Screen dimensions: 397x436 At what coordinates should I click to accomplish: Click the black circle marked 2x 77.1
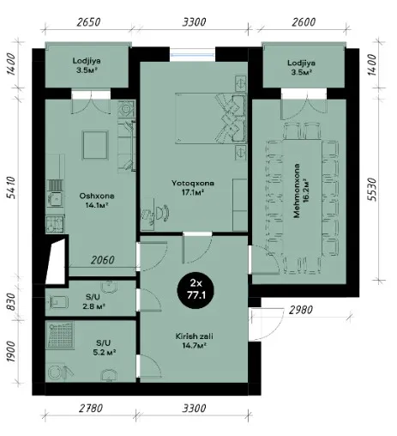(196, 290)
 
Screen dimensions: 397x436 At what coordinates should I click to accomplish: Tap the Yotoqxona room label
(193, 188)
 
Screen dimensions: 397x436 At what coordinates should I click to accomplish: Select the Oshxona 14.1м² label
(97, 201)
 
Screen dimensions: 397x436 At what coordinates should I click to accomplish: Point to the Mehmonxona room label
(301, 191)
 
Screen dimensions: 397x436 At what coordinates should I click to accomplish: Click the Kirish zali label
(195, 341)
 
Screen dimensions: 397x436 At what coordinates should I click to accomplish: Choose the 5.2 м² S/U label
(104, 348)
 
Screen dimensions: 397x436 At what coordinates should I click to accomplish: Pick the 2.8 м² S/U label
(93, 301)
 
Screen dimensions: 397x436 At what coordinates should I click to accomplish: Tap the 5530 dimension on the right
(371, 190)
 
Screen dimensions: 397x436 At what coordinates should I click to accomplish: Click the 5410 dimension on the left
(11, 187)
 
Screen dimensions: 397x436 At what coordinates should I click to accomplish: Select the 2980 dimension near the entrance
(301, 310)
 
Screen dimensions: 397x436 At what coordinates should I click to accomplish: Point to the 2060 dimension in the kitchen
(103, 260)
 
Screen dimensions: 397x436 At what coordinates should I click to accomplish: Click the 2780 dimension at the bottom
(91, 408)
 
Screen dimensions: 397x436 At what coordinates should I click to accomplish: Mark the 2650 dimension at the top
(88, 22)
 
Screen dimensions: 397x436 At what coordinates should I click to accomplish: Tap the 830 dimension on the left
(11, 301)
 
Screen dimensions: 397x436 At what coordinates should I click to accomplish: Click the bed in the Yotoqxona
(211, 118)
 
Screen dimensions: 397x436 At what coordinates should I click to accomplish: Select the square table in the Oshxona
(95, 145)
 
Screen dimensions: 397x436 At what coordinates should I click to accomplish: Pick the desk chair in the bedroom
(162, 213)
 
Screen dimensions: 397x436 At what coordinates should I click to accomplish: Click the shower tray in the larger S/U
(60, 336)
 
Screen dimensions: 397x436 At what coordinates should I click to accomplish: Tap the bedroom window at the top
(192, 54)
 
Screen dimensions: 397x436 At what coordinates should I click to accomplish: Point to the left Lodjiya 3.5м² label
(87, 65)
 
